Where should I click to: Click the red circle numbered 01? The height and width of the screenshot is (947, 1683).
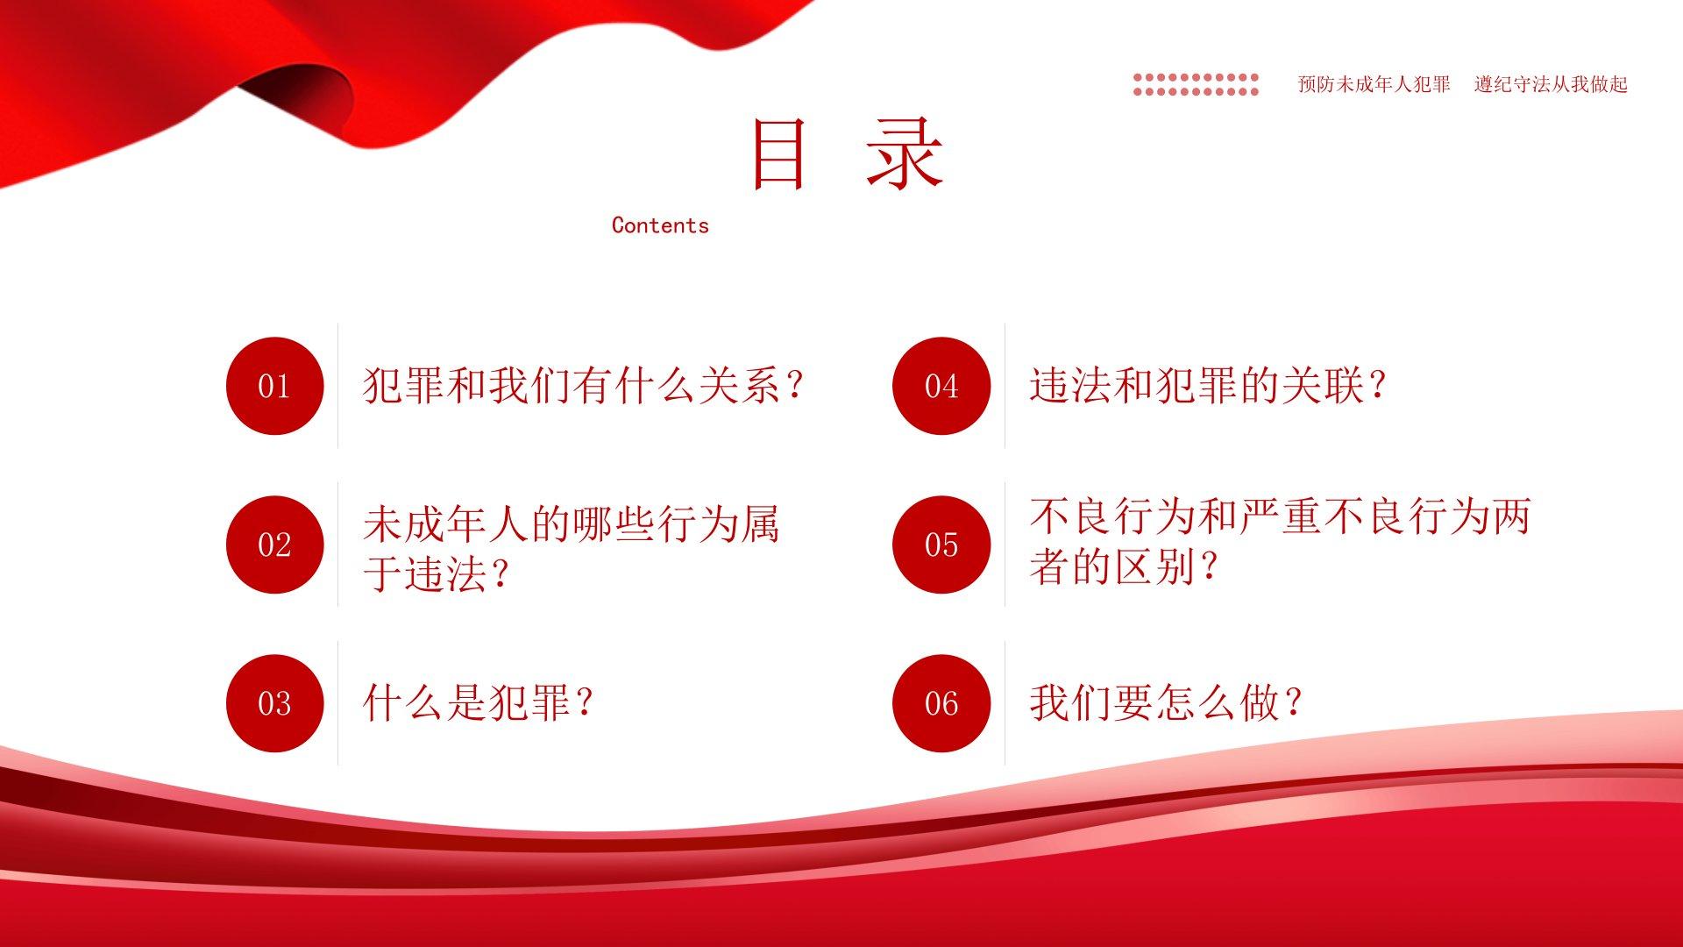274,386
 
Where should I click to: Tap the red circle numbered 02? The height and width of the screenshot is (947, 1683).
274,545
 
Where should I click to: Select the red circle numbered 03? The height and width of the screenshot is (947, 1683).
274,703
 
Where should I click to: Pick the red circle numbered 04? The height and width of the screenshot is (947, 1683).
941,386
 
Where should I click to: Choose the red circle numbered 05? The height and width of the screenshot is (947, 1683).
941,545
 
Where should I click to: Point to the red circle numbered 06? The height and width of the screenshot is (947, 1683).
941,703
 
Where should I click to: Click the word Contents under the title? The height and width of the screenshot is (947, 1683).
660,225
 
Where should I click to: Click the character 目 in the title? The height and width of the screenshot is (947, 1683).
778,154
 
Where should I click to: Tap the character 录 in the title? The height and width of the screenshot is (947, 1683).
905,154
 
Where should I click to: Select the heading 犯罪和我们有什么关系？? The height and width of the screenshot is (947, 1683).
583,386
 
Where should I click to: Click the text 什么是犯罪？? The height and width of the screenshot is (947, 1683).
478,703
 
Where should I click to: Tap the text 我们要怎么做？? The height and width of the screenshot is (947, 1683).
1166,703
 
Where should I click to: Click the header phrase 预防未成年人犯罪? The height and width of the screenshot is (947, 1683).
1374,84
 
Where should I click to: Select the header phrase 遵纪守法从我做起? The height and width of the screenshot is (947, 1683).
1551,84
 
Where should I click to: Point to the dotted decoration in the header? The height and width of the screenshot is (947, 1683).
1196,84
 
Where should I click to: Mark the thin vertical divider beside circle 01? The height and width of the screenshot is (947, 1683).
338,386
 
